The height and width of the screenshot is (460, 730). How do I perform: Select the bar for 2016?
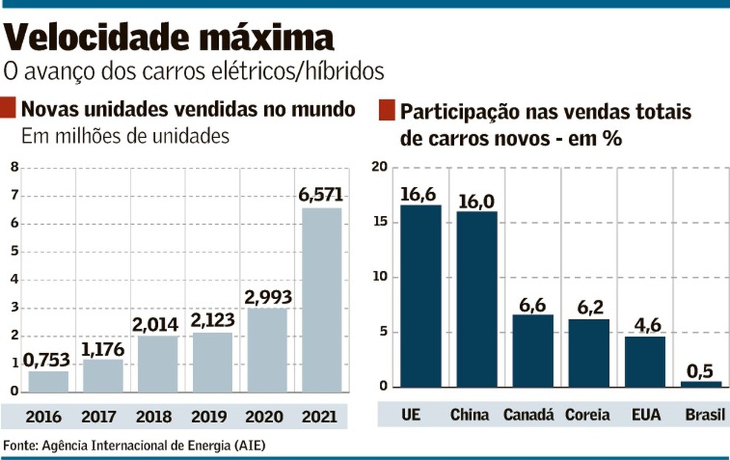(48, 381)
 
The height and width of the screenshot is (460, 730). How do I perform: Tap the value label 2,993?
(267, 298)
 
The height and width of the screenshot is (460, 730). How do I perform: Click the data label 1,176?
(103, 348)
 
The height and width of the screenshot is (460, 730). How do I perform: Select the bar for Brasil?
(701, 384)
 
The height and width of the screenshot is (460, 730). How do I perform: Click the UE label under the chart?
(410, 414)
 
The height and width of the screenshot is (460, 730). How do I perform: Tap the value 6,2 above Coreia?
(589, 308)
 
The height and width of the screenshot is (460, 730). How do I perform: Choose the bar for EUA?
(645, 361)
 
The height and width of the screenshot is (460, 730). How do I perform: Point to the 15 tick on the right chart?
(380, 223)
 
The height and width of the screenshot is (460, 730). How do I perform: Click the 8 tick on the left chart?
(13, 168)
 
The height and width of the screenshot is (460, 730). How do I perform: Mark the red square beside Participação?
(386, 111)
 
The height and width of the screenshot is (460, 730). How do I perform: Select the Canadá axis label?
(528, 414)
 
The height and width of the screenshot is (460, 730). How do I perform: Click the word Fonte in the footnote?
(21, 445)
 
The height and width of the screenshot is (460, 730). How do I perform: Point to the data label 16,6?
(420, 194)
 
